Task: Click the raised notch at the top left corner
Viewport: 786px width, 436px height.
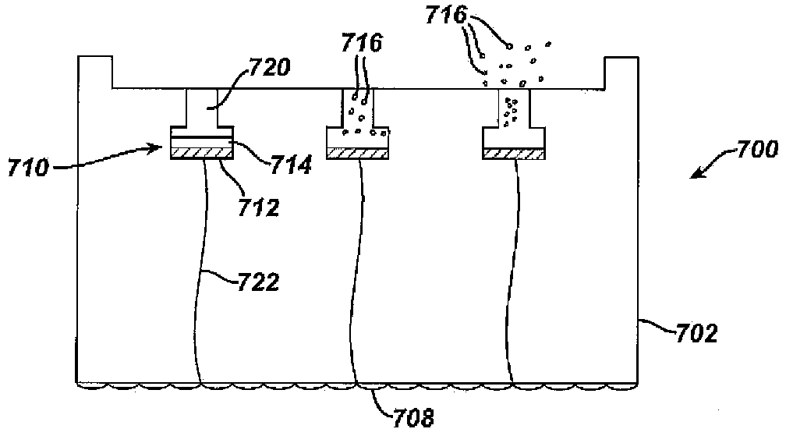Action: coord(96,72)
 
